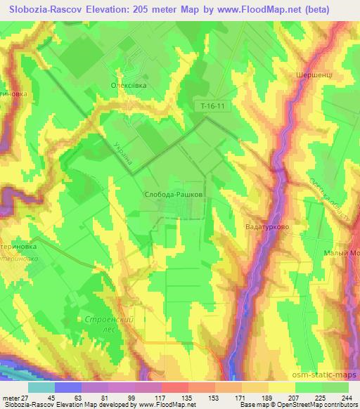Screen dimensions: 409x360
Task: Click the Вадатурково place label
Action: [285, 228]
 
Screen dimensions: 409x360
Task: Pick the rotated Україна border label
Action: [122, 150]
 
